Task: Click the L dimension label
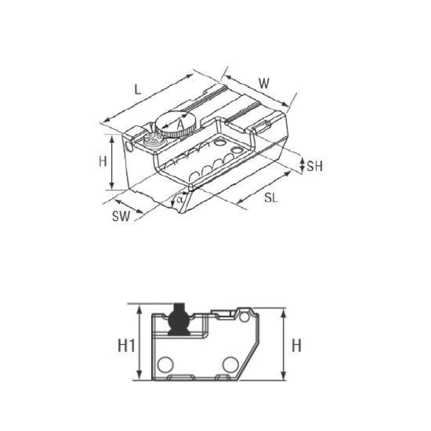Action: [x=138, y=89]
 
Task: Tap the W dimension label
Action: [x=264, y=84]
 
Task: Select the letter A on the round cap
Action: [x=180, y=125]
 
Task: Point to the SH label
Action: [x=315, y=166]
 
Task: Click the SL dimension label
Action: [x=271, y=198]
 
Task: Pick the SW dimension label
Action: [x=121, y=216]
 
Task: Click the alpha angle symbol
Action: [x=179, y=199]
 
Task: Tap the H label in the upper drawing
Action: [x=103, y=161]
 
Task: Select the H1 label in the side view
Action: [x=126, y=345]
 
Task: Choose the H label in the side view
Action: [x=297, y=345]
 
